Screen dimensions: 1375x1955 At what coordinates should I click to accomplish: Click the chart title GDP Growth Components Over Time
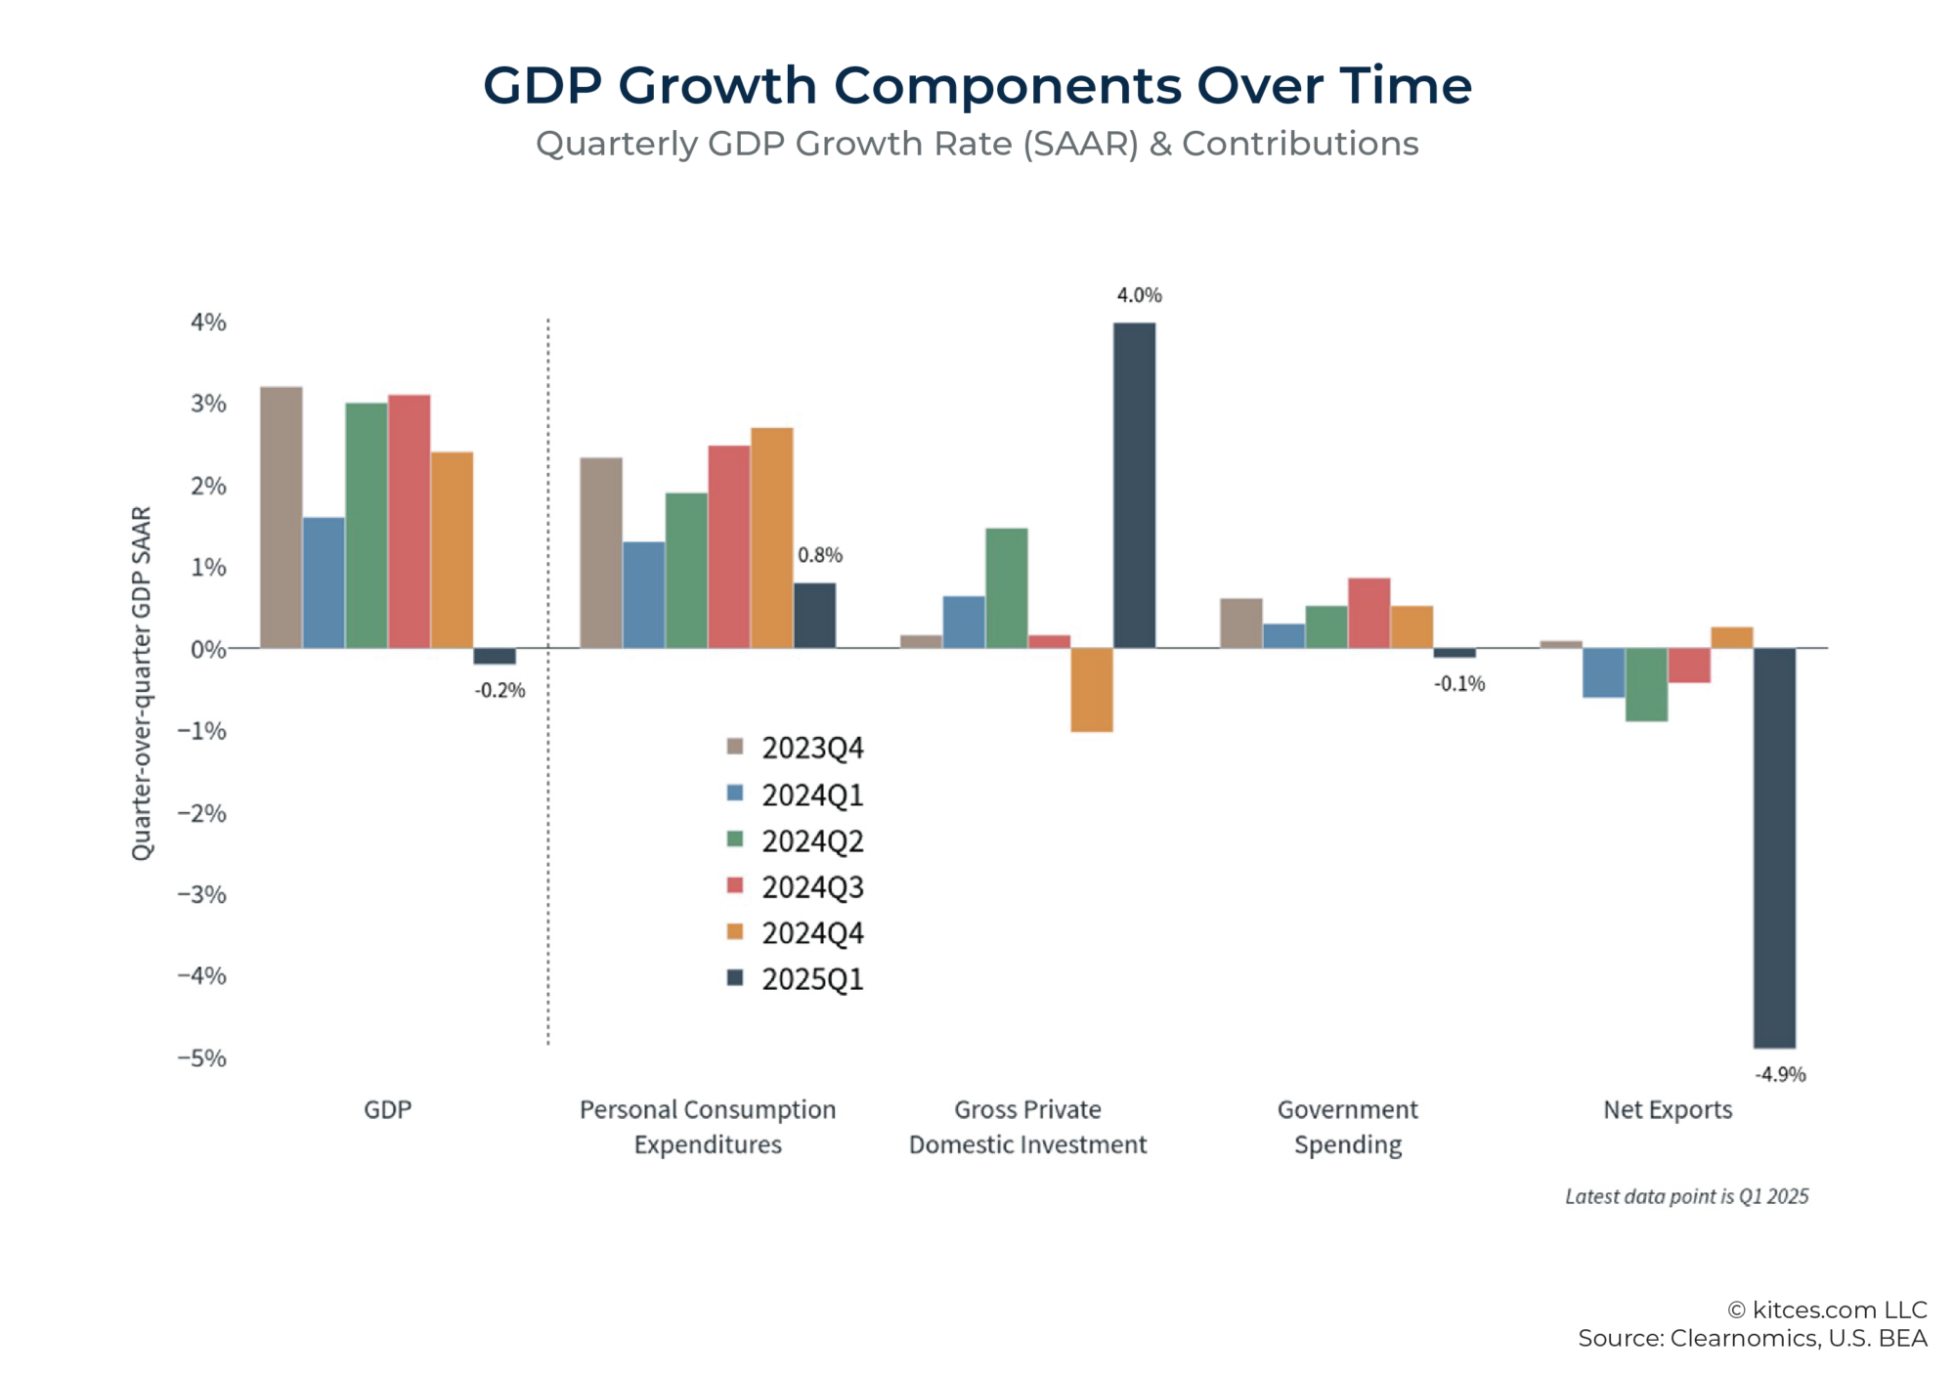pyautogui.click(x=977, y=86)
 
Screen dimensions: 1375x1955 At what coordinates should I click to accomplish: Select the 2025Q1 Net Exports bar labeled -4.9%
pyautogui.click(x=1774, y=847)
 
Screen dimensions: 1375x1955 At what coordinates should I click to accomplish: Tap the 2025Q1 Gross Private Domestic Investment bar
pyautogui.click(x=1134, y=485)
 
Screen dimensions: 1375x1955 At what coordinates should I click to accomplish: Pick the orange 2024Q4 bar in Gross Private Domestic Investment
pyautogui.click(x=1092, y=689)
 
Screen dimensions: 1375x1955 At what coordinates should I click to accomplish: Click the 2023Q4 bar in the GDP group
pyautogui.click(x=282, y=517)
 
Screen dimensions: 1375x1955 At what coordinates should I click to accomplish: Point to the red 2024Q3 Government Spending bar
pyautogui.click(x=1368, y=613)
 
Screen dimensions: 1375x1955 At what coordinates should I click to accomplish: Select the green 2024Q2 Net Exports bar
pyautogui.click(x=1646, y=684)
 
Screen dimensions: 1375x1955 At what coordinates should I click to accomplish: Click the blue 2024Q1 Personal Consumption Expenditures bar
pyautogui.click(x=643, y=594)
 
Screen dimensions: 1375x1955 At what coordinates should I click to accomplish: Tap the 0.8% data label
pyautogui.click(x=819, y=555)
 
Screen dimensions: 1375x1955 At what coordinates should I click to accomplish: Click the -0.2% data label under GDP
pyautogui.click(x=500, y=690)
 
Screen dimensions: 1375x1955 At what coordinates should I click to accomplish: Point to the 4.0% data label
pyautogui.click(x=1139, y=295)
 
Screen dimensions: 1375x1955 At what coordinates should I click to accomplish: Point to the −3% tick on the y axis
pyautogui.click(x=202, y=894)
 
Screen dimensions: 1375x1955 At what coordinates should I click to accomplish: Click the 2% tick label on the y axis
pyautogui.click(x=208, y=486)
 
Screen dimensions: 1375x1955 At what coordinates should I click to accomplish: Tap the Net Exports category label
pyautogui.click(x=1667, y=1109)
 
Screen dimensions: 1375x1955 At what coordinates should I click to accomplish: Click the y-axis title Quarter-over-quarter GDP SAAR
pyautogui.click(x=143, y=683)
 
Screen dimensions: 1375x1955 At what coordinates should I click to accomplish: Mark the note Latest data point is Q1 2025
pyautogui.click(x=1686, y=1196)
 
